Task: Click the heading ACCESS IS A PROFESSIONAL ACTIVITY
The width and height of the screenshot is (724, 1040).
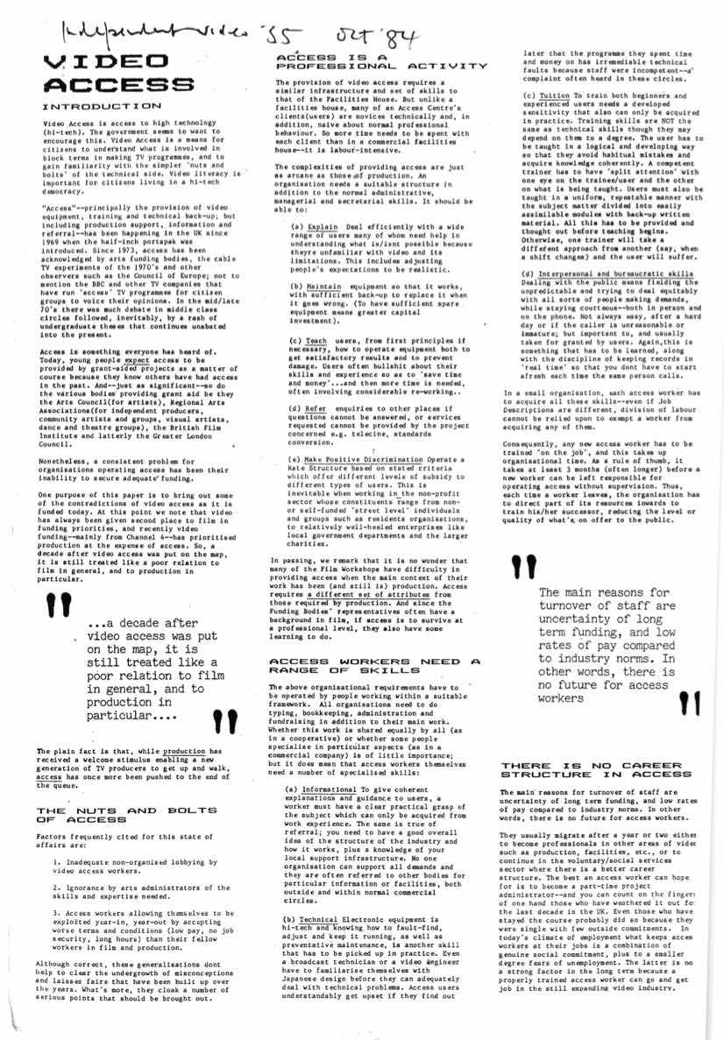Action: click(380, 61)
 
